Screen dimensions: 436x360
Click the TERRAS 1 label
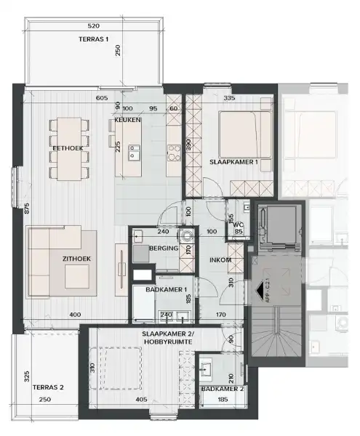tap(92, 39)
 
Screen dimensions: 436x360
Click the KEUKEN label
tap(127, 119)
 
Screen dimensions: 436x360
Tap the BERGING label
tap(161, 249)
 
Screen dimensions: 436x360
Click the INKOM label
tap(220, 258)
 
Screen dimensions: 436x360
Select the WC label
tap(238, 225)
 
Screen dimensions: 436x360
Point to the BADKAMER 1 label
tap(161, 289)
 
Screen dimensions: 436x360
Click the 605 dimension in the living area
tap(101, 98)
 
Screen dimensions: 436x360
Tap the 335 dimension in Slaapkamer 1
tap(230, 98)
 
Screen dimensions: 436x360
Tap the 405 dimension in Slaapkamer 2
tap(140, 399)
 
